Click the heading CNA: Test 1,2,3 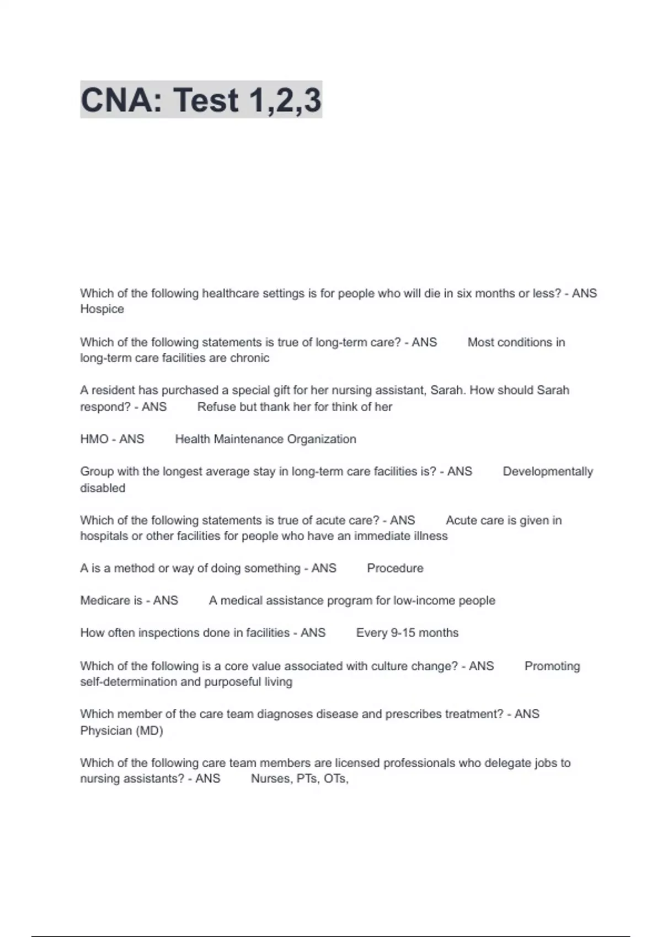tap(201, 100)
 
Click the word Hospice tap(102, 309)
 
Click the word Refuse tap(214, 407)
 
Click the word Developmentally tap(548, 472)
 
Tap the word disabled tap(103, 488)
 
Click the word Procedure tap(395, 568)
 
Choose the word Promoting tap(552, 666)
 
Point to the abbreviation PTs tap(307, 779)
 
